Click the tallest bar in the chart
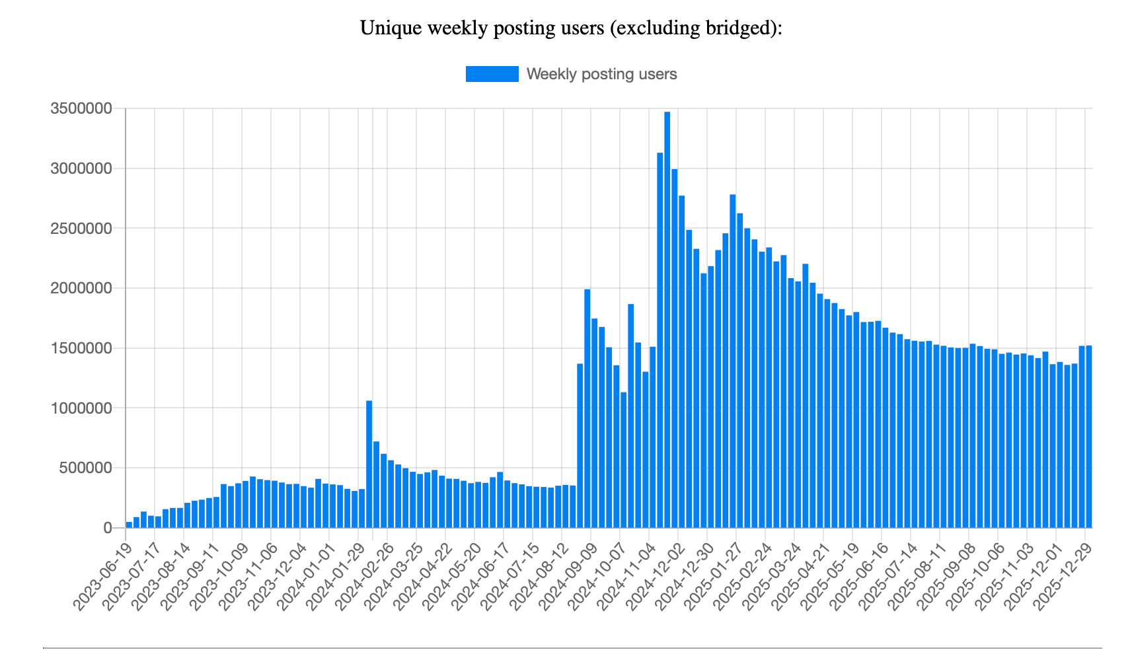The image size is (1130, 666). coord(667,317)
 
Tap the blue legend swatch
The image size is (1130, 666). coord(492,74)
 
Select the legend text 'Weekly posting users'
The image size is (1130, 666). coord(601,74)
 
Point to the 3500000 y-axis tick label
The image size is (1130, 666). coord(81,108)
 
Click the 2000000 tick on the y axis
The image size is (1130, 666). coord(81,288)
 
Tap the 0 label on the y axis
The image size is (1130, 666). coord(107,528)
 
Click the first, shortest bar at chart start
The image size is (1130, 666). coord(129,525)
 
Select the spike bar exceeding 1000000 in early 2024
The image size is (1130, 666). coord(369,462)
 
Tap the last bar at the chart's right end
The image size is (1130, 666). coord(1088,436)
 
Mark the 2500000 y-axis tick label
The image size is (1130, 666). coord(81,229)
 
